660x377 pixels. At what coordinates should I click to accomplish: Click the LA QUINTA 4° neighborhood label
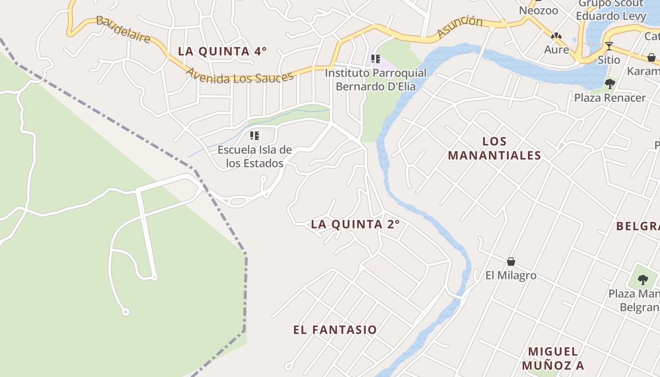222,51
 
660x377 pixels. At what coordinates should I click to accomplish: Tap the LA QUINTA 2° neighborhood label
355,224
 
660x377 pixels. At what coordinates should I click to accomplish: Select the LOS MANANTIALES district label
495,148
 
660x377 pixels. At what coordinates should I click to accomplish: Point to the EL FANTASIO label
335,330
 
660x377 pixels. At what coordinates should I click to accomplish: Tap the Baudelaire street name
123,29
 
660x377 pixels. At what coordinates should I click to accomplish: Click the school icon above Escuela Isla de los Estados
255,136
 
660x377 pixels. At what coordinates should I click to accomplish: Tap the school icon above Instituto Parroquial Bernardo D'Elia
376,59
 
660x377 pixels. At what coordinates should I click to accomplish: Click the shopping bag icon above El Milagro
511,262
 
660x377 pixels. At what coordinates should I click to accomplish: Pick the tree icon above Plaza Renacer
610,84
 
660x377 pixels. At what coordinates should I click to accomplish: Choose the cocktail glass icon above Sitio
609,46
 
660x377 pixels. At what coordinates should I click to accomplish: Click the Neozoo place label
538,10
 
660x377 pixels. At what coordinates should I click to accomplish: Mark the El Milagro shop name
511,275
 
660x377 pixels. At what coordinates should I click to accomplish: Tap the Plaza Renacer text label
610,98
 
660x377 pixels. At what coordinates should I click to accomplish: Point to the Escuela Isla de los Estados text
255,156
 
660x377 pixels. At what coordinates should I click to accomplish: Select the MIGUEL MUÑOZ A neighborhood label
553,358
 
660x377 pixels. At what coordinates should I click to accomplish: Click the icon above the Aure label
556,36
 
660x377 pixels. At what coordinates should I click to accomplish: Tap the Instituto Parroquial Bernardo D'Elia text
376,80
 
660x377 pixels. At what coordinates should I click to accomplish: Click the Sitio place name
609,60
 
